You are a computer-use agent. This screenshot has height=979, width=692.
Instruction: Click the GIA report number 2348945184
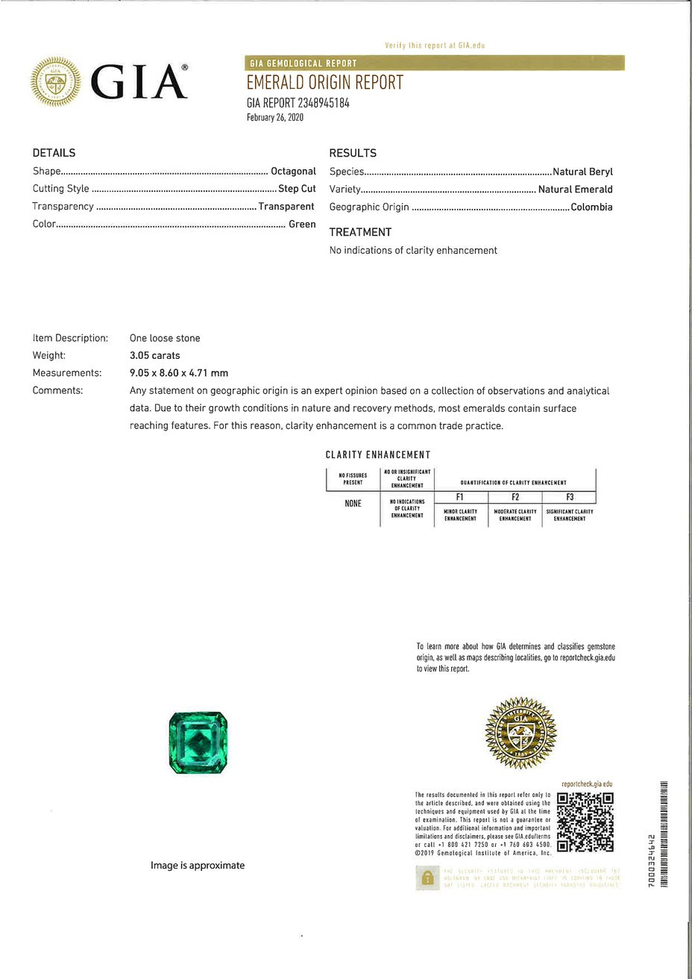pyautogui.click(x=298, y=103)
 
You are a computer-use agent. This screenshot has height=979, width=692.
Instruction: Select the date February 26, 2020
pyautogui.click(x=275, y=118)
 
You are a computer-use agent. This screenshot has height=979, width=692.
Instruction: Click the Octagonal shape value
pyautogui.click(x=293, y=172)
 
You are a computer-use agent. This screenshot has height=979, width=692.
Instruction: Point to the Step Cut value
pyautogui.click(x=297, y=189)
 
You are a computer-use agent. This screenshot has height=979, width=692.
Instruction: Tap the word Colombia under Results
pyautogui.click(x=591, y=207)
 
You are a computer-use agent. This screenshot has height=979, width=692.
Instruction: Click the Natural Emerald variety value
pyautogui.click(x=575, y=190)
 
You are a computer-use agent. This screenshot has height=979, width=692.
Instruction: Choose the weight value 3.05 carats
pyautogui.click(x=154, y=356)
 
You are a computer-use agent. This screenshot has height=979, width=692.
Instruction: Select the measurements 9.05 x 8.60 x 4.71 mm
pyautogui.click(x=179, y=373)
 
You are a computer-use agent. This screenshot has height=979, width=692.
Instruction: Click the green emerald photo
pyautogui.click(x=198, y=742)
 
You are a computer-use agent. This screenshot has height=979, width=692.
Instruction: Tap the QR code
pyautogui.click(x=585, y=822)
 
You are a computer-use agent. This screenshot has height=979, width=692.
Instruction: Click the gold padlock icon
pyautogui.click(x=427, y=878)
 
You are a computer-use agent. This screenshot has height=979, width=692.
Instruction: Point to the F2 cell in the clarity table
pyautogui.click(x=515, y=497)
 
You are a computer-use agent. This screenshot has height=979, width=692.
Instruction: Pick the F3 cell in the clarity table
pyautogui.click(x=570, y=497)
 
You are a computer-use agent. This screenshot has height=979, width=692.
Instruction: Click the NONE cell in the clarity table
pyautogui.click(x=353, y=504)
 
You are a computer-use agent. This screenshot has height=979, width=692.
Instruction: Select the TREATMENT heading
pyautogui.click(x=360, y=232)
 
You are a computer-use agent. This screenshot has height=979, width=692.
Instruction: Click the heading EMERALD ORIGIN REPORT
pyautogui.click(x=324, y=83)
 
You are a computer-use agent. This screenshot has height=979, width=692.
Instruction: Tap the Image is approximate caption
pyautogui.click(x=198, y=866)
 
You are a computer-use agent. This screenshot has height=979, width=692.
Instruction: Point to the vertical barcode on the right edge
pyautogui.click(x=664, y=834)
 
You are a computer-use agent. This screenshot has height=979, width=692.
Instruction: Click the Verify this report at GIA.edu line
pyautogui.click(x=435, y=46)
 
